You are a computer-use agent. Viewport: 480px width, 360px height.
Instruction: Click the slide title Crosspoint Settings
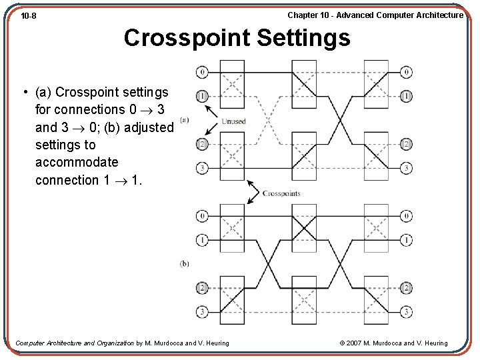coord(237,37)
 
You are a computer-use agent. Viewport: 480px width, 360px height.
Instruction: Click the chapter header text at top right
coord(375,15)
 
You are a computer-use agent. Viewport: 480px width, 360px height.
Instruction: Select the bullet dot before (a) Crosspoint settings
coord(23,92)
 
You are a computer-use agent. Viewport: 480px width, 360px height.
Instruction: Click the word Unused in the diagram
coord(233,121)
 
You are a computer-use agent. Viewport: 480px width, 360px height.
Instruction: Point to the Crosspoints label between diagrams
coord(281,193)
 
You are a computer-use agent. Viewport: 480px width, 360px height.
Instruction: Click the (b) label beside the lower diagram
coord(184,264)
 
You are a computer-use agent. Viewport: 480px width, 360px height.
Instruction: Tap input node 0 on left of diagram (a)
coord(202,72)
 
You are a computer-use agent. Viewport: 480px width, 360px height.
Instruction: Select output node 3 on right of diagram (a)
coord(406,168)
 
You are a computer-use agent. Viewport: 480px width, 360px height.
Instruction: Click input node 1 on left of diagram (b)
coord(202,239)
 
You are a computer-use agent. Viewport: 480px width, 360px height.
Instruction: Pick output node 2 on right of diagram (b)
coord(406,288)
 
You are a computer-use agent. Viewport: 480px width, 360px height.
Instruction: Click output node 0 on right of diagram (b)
coord(406,216)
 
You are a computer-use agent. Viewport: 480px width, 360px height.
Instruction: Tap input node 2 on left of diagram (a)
coord(202,144)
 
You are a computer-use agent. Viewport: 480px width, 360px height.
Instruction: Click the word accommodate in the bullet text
coord(77,162)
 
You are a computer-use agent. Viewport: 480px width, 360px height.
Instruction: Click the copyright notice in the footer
coord(393,343)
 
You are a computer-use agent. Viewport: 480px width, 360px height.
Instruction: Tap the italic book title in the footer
coord(74,343)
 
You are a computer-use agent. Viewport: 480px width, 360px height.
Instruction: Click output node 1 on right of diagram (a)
coord(406,96)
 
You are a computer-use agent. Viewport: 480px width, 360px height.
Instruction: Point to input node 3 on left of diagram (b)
coord(202,311)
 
